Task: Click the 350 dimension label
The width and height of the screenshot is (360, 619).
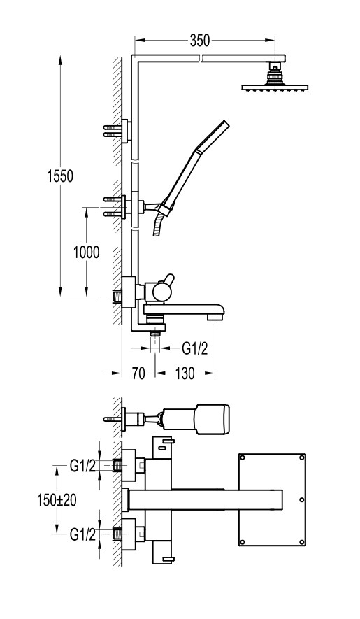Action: point(200,41)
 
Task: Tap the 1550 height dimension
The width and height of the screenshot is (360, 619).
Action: point(60,176)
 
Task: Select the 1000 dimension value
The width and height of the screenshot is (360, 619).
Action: point(87,252)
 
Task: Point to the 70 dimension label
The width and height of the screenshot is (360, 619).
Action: point(138,373)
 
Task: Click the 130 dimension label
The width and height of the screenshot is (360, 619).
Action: point(185,373)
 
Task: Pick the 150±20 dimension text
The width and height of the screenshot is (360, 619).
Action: point(57,500)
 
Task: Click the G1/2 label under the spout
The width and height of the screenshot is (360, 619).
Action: point(194,348)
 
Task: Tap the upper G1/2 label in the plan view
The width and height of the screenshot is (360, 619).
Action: point(82,466)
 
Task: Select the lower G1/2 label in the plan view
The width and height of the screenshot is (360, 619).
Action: point(82,534)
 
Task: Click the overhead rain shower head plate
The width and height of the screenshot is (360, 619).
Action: point(275,87)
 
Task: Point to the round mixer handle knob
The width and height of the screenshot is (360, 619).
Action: point(162,292)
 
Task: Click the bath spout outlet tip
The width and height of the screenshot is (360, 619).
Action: point(216,317)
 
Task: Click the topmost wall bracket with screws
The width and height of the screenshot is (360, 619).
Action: point(117,131)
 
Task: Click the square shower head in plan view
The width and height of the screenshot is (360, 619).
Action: point(273,500)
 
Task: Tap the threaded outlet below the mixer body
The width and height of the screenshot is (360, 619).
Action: point(156,333)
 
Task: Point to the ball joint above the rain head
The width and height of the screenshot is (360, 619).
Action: point(275,75)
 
